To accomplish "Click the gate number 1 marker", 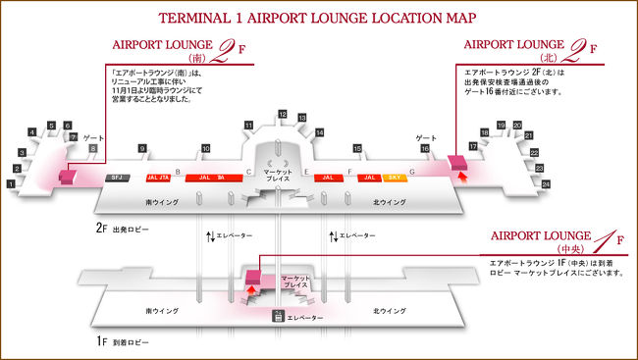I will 11,184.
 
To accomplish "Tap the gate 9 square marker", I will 142,150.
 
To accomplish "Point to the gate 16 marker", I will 425,150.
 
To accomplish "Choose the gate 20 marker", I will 516,126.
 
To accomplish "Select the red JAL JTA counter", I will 157,178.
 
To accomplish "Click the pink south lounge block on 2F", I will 67,178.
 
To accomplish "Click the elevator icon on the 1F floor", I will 279,315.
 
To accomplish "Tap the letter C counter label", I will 248,171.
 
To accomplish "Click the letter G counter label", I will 411,171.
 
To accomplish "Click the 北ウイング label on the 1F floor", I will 391,311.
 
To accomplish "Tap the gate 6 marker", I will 68,126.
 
